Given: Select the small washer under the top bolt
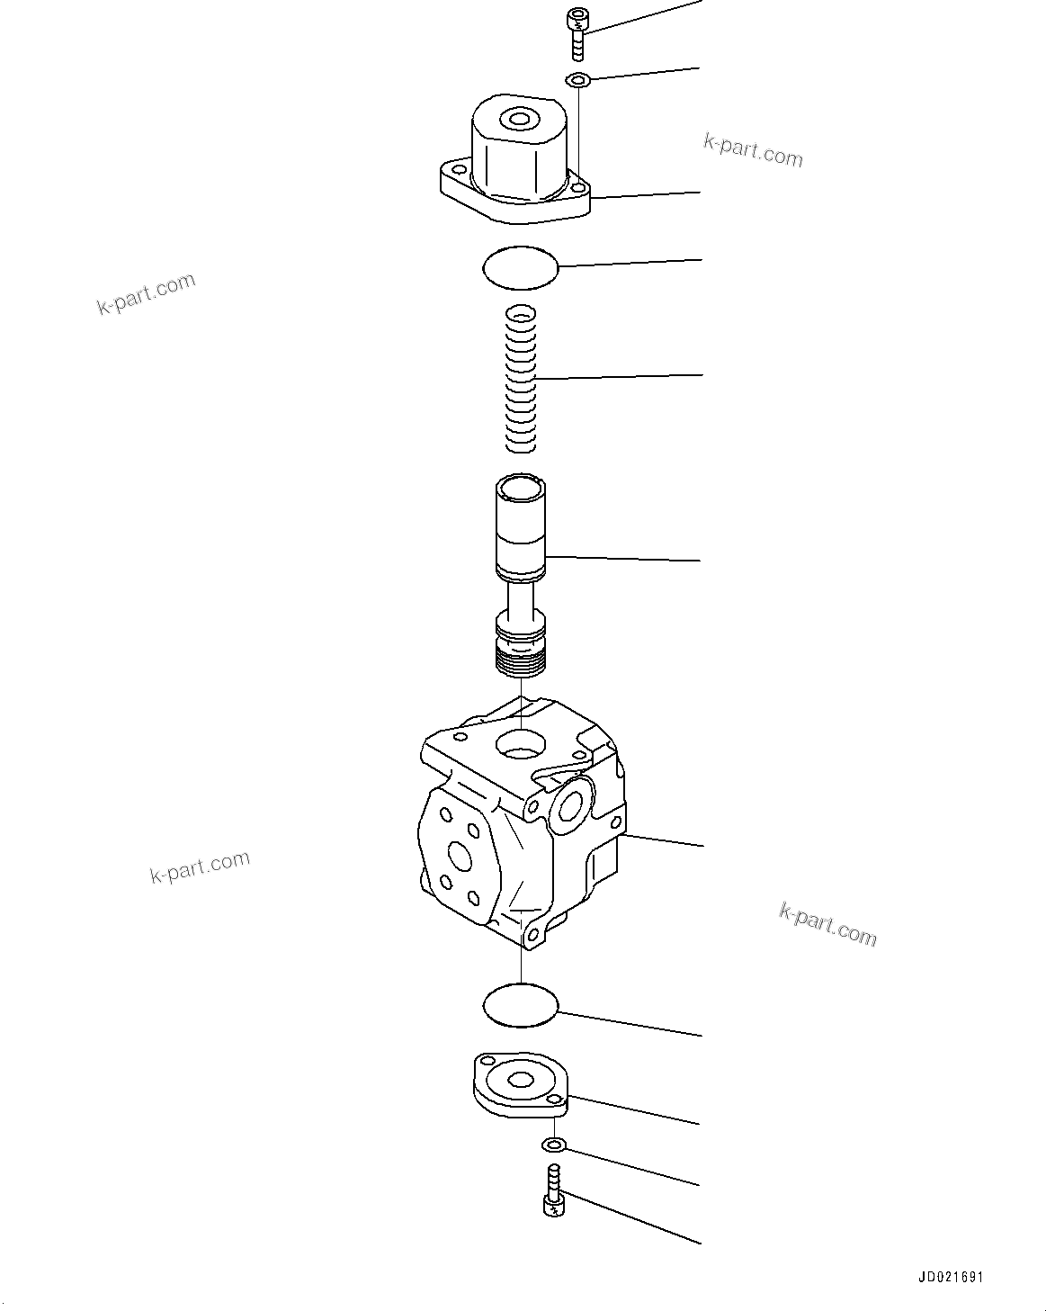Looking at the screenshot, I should [x=578, y=81].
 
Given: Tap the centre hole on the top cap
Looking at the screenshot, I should [x=519, y=119].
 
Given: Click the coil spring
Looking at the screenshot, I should [x=521, y=378].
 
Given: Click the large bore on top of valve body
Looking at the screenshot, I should [x=520, y=743].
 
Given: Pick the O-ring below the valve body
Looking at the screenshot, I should [x=521, y=1005].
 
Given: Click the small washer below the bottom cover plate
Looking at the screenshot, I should [x=553, y=1145].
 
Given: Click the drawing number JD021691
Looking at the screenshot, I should [x=951, y=1277].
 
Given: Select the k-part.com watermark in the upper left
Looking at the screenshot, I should [x=146, y=294].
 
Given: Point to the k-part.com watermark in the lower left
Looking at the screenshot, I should [x=200, y=866].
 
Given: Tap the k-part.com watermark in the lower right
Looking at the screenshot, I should [x=827, y=925].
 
